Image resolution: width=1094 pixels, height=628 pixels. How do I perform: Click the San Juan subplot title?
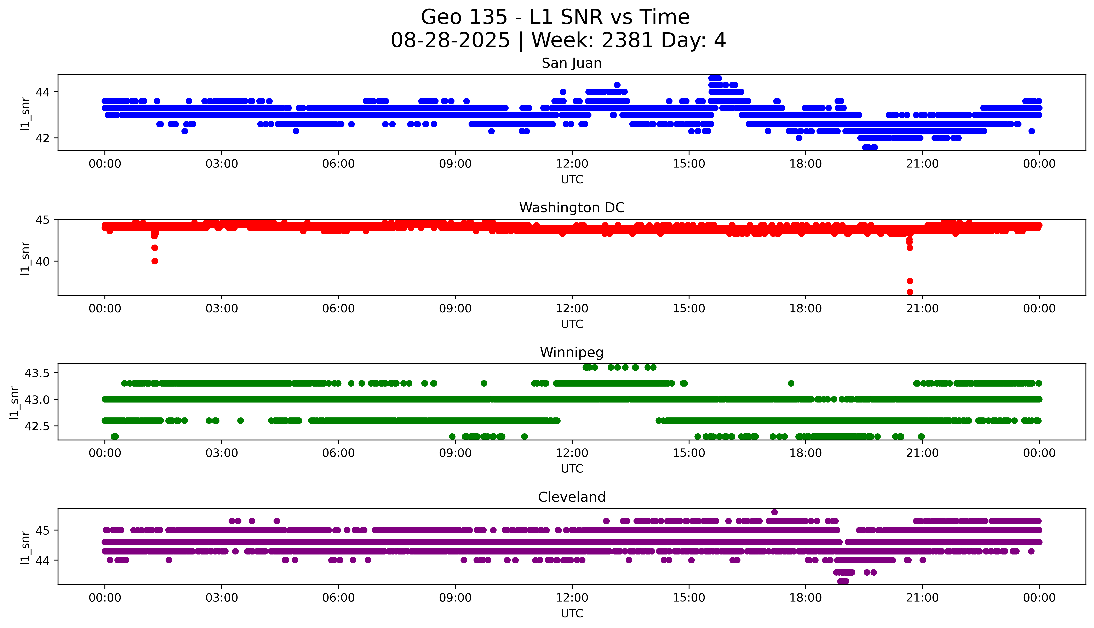coord(571,63)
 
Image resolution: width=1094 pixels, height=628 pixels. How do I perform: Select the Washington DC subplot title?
coord(571,208)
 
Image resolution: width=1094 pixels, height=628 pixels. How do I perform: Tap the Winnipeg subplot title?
coord(571,352)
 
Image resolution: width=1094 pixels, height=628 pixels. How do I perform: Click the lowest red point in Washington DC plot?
coord(910,292)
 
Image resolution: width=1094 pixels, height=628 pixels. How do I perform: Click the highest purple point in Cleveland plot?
coord(774,512)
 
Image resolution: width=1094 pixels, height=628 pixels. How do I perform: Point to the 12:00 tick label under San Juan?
coord(572,164)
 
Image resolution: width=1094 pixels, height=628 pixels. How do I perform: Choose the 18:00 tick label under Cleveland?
coord(805,598)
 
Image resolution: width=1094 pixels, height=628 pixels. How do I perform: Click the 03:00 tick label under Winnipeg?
coord(222,453)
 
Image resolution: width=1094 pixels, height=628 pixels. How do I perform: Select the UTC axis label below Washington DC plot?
coord(572,324)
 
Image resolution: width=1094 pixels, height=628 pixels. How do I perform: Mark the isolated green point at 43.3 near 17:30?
coord(791,383)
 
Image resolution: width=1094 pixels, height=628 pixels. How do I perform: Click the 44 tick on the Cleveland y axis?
coord(44,560)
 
